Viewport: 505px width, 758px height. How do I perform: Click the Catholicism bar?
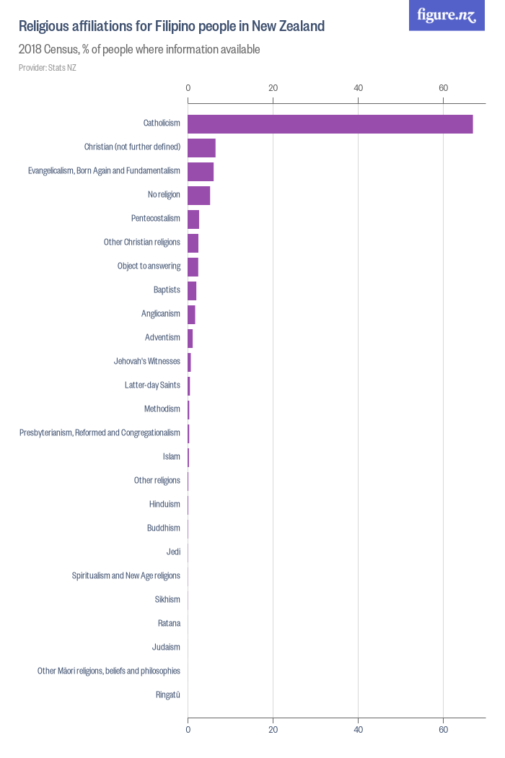tap(330, 124)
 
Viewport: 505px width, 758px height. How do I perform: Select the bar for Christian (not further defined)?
tap(201, 148)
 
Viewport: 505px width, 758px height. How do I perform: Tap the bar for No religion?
tap(198, 196)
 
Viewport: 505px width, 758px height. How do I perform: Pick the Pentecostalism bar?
tap(193, 219)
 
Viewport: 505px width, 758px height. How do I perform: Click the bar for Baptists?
tap(192, 291)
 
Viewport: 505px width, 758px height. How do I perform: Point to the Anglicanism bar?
tap(191, 315)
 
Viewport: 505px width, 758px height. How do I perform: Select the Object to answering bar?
tap(193, 267)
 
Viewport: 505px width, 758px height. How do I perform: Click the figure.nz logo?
tap(447, 15)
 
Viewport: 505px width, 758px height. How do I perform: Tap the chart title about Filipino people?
tap(172, 27)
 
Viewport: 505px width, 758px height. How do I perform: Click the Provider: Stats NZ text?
tap(47, 68)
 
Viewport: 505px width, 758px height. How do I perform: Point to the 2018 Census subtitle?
tap(139, 50)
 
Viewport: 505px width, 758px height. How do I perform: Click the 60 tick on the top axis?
tap(444, 88)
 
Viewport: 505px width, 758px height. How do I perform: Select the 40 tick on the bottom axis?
tap(359, 731)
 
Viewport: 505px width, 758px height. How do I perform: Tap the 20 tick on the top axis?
tap(273, 88)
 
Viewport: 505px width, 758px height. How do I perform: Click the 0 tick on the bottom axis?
tap(188, 731)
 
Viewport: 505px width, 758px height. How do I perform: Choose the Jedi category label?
tap(173, 552)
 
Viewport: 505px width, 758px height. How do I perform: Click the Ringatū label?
tap(168, 695)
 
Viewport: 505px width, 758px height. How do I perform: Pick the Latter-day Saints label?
tap(152, 385)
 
